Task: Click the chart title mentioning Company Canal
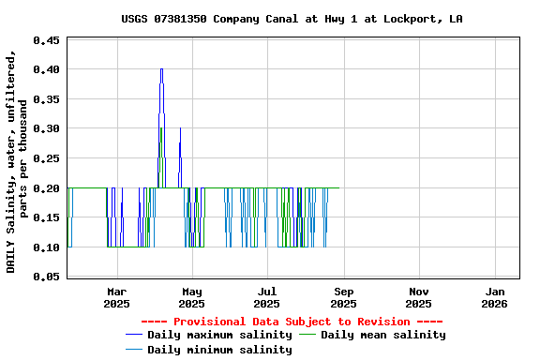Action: tap(292, 19)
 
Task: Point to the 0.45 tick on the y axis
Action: tap(46, 40)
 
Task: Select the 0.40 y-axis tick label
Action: tap(46, 69)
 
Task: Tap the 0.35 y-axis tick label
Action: tap(46, 99)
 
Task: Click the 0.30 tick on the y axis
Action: tap(46, 128)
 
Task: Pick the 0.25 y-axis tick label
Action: tap(46, 158)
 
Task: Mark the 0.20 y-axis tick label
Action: tap(46, 188)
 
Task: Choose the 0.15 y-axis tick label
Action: tap(46, 217)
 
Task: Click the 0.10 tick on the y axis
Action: tap(46, 247)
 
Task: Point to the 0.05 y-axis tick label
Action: tap(46, 277)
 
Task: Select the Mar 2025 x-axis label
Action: tap(116, 297)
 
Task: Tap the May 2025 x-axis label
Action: tap(191, 297)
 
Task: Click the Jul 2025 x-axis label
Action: tap(267, 297)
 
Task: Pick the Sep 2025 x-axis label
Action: tap(343, 297)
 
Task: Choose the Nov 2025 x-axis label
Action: tap(419, 297)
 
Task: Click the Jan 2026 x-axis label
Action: tap(494, 297)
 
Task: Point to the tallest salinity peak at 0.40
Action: tap(161, 69)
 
